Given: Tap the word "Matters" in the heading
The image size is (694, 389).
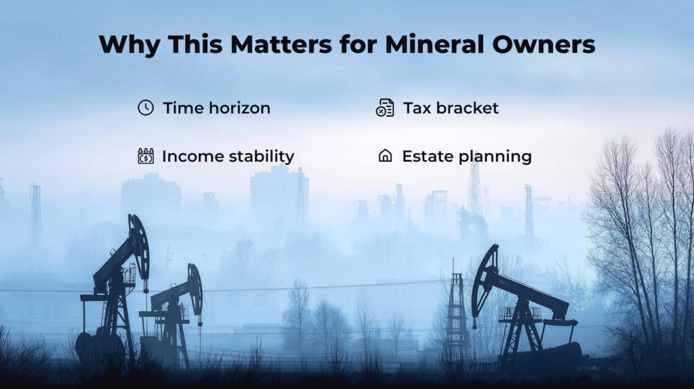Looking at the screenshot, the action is pyautogui.click(x=281, y=44).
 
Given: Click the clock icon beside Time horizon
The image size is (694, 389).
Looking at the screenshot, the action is pyautogui.click(x=146, y=108).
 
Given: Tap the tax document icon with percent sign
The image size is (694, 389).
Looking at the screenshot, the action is pyautogui.click(x=385, y=108).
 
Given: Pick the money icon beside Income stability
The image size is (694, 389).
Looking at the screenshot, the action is pyautogui.click(x=146, y=157).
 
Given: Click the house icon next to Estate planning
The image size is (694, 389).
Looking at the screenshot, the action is pyautogui.click(x=385, y=156).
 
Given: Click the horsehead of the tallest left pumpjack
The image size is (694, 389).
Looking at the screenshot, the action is pyautogui.click(x=139, y=245).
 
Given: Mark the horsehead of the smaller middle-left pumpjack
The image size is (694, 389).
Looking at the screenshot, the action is pyautogui.click(x=195, y=289).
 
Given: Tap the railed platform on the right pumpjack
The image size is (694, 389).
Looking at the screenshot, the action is pyautogui.click(x=520, y=314).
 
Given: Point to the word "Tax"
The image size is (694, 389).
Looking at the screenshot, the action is pyautogui.click(x=417, y=108).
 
